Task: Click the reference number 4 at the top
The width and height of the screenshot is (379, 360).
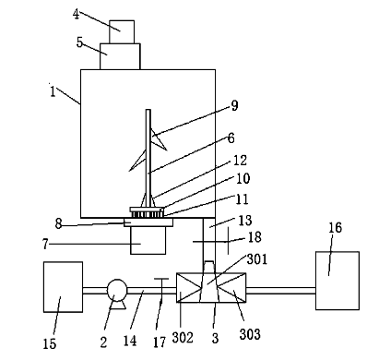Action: [77, 14]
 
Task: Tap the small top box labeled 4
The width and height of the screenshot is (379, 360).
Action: [122, 31]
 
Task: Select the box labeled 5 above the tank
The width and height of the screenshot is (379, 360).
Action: [120, 56]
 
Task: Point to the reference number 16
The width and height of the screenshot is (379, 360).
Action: [335, 228]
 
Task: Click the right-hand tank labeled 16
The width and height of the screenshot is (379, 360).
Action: [338, 281]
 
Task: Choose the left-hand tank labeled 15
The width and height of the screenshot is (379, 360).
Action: [63, 287]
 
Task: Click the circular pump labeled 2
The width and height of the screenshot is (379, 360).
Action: [117, 290]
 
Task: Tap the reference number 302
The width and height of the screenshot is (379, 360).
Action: [183, 338]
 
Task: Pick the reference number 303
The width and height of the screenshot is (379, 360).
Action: [250, 334]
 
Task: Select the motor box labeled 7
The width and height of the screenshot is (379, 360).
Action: [148, 240]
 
